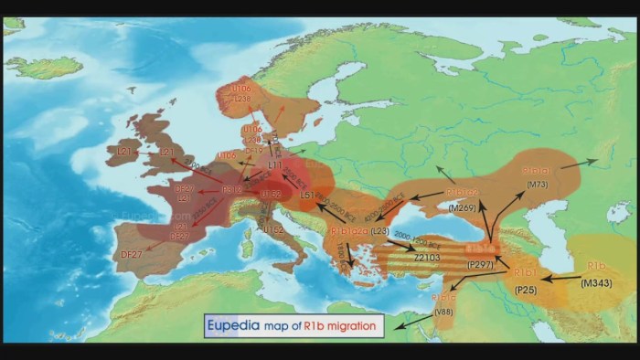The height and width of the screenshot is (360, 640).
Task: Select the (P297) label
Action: pyautogui.click(x=481, y=265)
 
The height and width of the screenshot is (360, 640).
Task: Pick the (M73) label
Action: pyautogui.click(x=537, y=185)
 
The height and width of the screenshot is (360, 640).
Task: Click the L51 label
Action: pyautogui.click(x=307, y=196)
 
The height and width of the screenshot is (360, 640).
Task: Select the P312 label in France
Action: pyautogui.click(x=231, y=190)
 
